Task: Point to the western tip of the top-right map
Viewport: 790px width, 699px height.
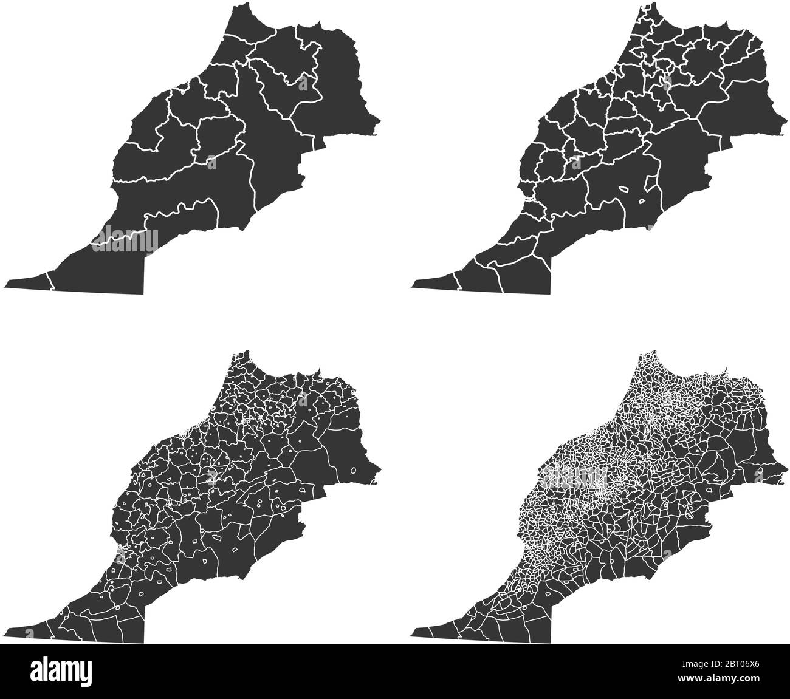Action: tap(413, 284)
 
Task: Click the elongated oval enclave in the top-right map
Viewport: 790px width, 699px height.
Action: tap(624, 189)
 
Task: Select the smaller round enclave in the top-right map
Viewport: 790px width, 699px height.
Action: tap(642, 202)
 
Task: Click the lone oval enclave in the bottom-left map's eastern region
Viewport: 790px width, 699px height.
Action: tap(354, 471)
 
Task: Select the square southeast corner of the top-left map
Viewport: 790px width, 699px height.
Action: tap(143, 293)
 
